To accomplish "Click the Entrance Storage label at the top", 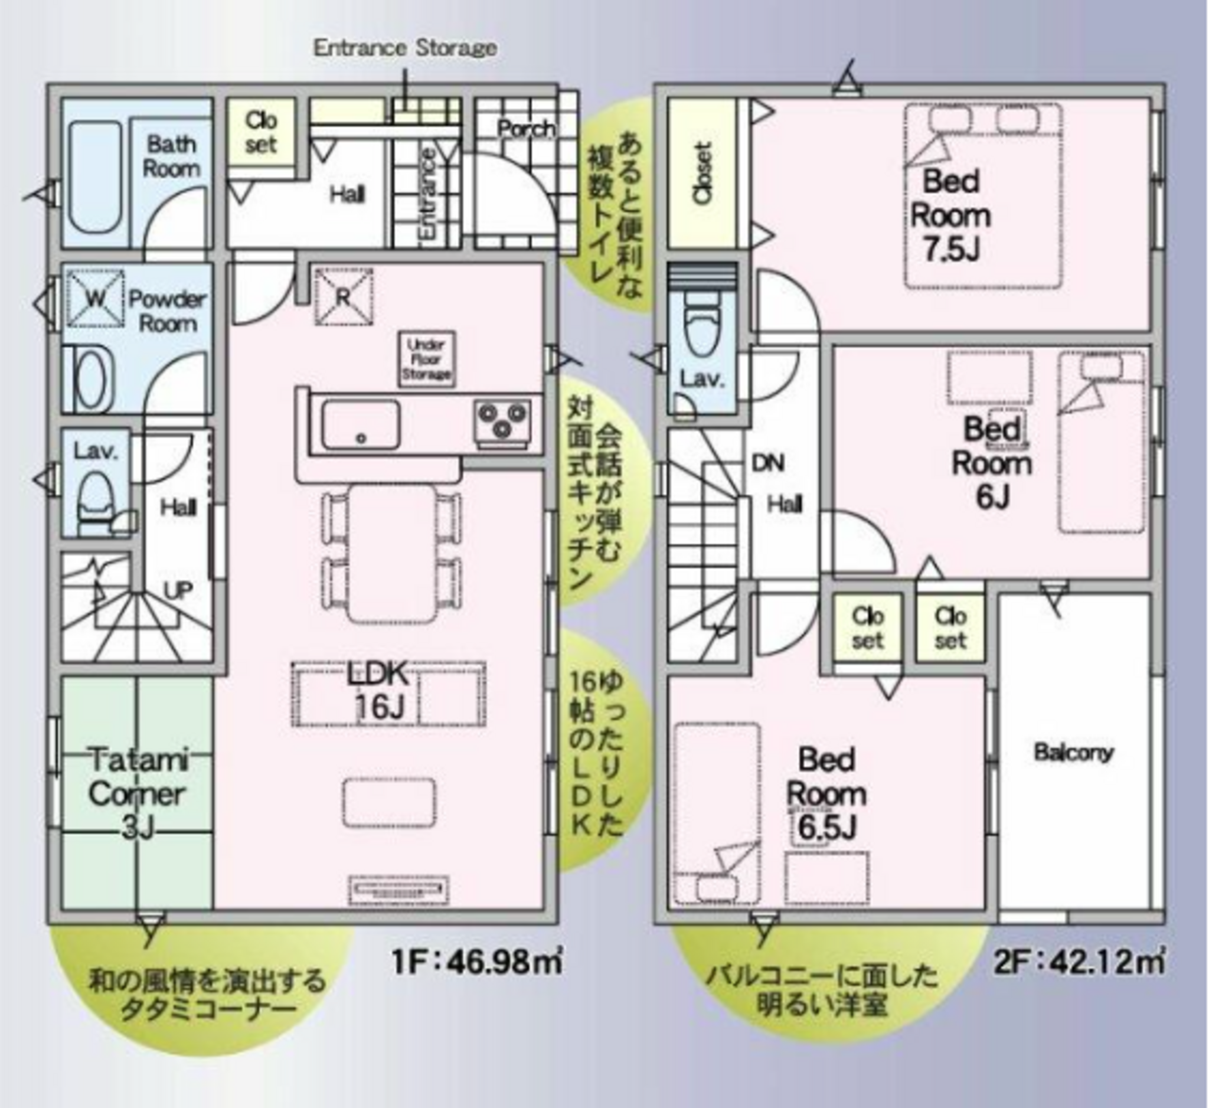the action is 406,48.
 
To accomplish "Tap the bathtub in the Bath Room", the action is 96,178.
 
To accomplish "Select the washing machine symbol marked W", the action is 96,299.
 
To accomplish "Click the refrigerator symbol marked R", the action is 344,297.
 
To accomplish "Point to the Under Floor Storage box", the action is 426,359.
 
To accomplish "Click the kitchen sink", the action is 361,425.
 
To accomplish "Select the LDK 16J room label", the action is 378,691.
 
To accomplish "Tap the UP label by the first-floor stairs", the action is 179,591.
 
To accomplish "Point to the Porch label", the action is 526,128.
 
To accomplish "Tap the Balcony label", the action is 1073,753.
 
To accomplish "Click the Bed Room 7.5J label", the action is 950,215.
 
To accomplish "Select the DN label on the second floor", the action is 768,463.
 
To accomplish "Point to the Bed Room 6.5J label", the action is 826,794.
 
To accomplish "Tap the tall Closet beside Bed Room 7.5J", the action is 702,174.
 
